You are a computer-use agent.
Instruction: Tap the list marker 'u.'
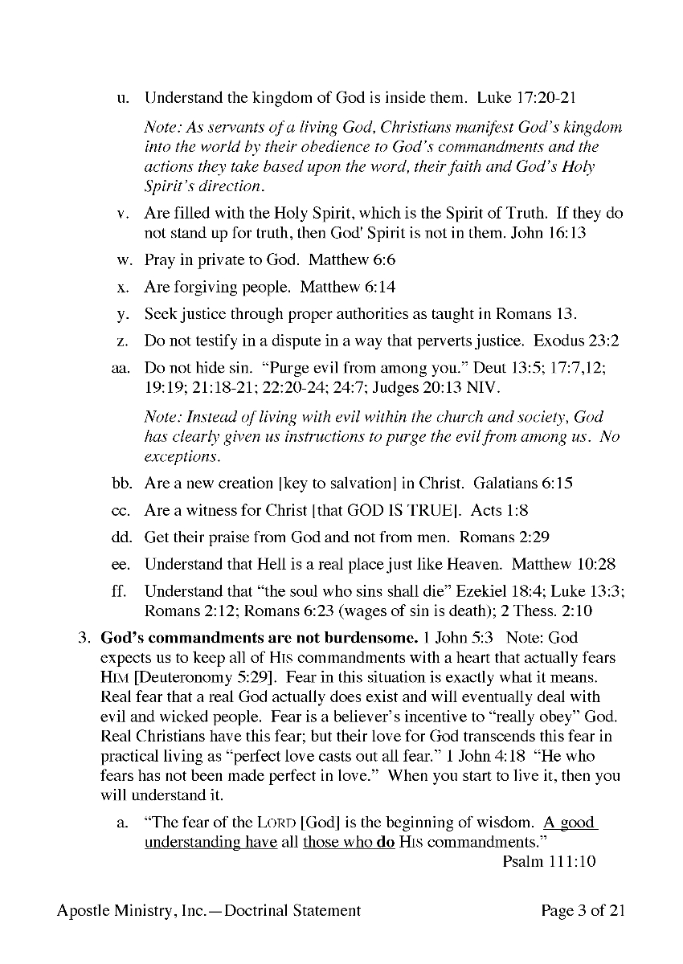(123, 100)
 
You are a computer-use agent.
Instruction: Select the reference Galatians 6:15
(522, 484)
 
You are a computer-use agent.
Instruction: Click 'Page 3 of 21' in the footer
(583, 910)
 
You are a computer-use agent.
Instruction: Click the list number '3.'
(83, 639)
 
